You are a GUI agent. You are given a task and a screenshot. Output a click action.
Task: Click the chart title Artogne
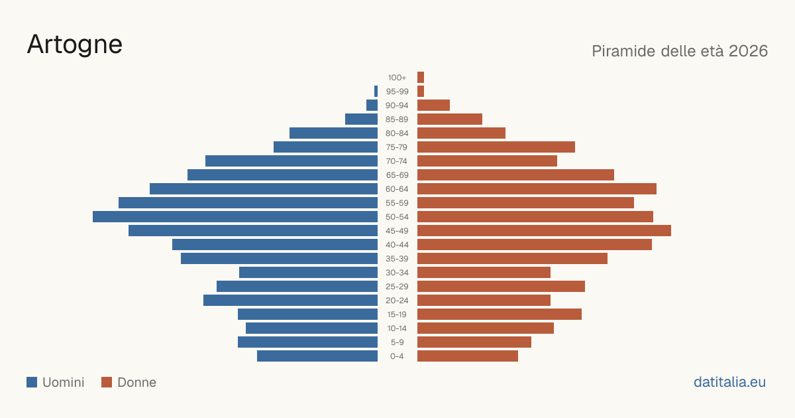(x=74, y=45)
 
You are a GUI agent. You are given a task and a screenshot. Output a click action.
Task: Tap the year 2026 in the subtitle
(x=748, y=51)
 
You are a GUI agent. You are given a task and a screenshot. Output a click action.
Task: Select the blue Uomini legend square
(x=32, y=382)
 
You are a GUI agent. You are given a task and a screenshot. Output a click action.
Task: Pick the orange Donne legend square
(x=107, y=382)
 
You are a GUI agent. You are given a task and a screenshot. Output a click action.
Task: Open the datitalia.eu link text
(x=729, y=382)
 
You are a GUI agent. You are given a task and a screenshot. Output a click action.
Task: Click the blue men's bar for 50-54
(x=235, y=217)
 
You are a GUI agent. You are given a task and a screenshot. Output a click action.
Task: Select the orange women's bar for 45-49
(x=544, y=231)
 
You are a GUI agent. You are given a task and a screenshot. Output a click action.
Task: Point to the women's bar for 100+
(x=421, y=77)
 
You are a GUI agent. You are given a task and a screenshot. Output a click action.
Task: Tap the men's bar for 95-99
(x=376, y=92)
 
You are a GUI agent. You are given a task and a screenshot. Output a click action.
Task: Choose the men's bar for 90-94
(x=372, y=105)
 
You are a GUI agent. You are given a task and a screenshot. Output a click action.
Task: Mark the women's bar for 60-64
(x=537, y=188)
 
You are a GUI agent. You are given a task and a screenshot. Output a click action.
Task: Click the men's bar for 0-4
(x=317, y=356)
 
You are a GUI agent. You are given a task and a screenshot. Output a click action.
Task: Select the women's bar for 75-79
(x=496, y=147)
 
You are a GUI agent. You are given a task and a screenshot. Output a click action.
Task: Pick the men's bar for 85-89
(x=361, y=119)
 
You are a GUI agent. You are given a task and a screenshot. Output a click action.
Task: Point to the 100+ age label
(x=397, y=78)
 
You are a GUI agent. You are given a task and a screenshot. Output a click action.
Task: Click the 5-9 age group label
(x=397, y=342)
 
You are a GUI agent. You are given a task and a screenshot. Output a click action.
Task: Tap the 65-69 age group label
(x=397, y=175)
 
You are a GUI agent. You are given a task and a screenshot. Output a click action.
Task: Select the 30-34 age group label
(x=397, y=273)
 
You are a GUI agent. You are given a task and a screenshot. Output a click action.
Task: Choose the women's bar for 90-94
(x=433, y=105)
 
